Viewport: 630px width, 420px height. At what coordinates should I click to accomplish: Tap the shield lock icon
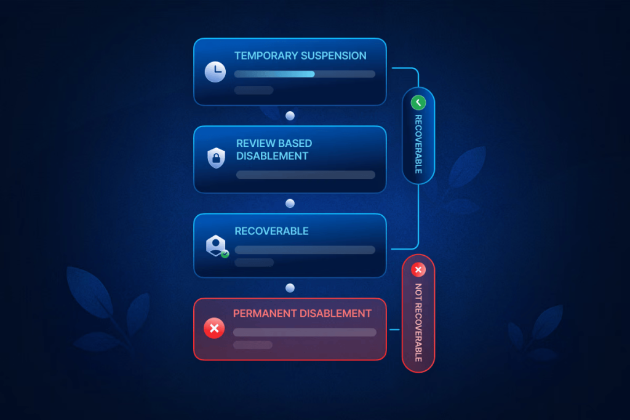216,157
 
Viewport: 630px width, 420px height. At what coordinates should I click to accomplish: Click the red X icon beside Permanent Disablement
214,329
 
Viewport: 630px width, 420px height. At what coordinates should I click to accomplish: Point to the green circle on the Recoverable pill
418,103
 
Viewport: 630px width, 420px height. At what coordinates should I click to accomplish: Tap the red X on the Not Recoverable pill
418,270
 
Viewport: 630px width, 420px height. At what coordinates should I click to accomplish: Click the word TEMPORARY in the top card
263,56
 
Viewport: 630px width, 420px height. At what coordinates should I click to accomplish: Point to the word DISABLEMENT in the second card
272,156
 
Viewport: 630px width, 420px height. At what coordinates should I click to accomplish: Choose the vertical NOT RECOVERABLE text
418,323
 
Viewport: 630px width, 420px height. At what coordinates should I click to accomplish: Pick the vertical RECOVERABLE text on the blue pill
418,144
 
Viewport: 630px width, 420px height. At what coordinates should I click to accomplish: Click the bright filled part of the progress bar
274,74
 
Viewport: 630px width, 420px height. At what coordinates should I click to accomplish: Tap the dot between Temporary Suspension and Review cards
290,116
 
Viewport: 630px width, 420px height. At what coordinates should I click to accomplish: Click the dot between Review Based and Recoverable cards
290,204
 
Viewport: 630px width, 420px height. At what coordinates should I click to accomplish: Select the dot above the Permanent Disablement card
290,288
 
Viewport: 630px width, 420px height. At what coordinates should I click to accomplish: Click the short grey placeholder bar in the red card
252,345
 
